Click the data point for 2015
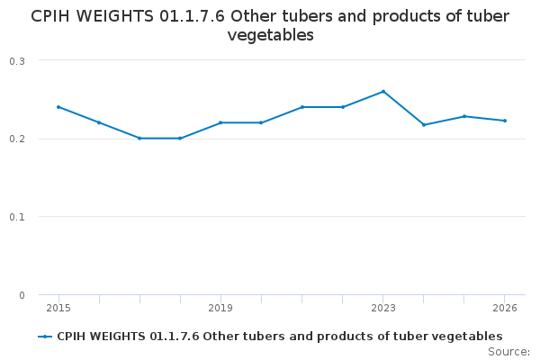point(58,107)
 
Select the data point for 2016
point(99,122)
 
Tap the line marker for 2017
point(139,138)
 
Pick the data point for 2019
point(220,122)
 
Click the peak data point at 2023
point(383,91)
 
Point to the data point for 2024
point(424,124)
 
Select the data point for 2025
point(464,116)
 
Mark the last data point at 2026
point(505,121)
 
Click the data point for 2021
point(302,107)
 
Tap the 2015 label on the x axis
point(58,308)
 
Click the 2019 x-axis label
point(220,308)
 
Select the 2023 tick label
point(383,308)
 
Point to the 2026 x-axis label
point(505,308)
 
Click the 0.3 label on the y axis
point(17,60)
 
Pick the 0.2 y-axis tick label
point(17,139)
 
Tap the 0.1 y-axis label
point(17,217)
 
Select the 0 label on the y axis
point(22,295)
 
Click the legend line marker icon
point(45,336)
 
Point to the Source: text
point(508,351)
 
